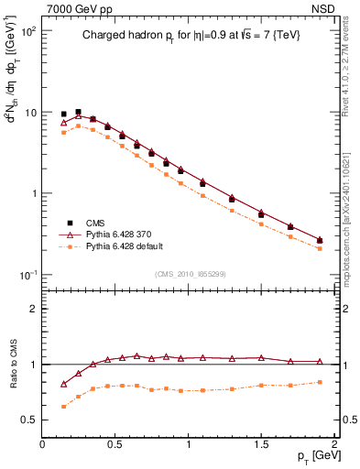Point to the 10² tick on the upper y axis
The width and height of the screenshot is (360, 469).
[x=29, y=31]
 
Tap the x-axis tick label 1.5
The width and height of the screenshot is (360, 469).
[x=261, y=444]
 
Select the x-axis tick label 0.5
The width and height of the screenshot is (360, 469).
[x=115, y=444]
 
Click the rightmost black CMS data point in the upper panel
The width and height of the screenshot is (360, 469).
[x=320, y=240]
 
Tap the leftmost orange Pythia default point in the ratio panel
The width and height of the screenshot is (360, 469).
[x=63, y=406]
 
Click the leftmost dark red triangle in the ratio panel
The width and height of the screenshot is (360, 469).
[x=63, y=384]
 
